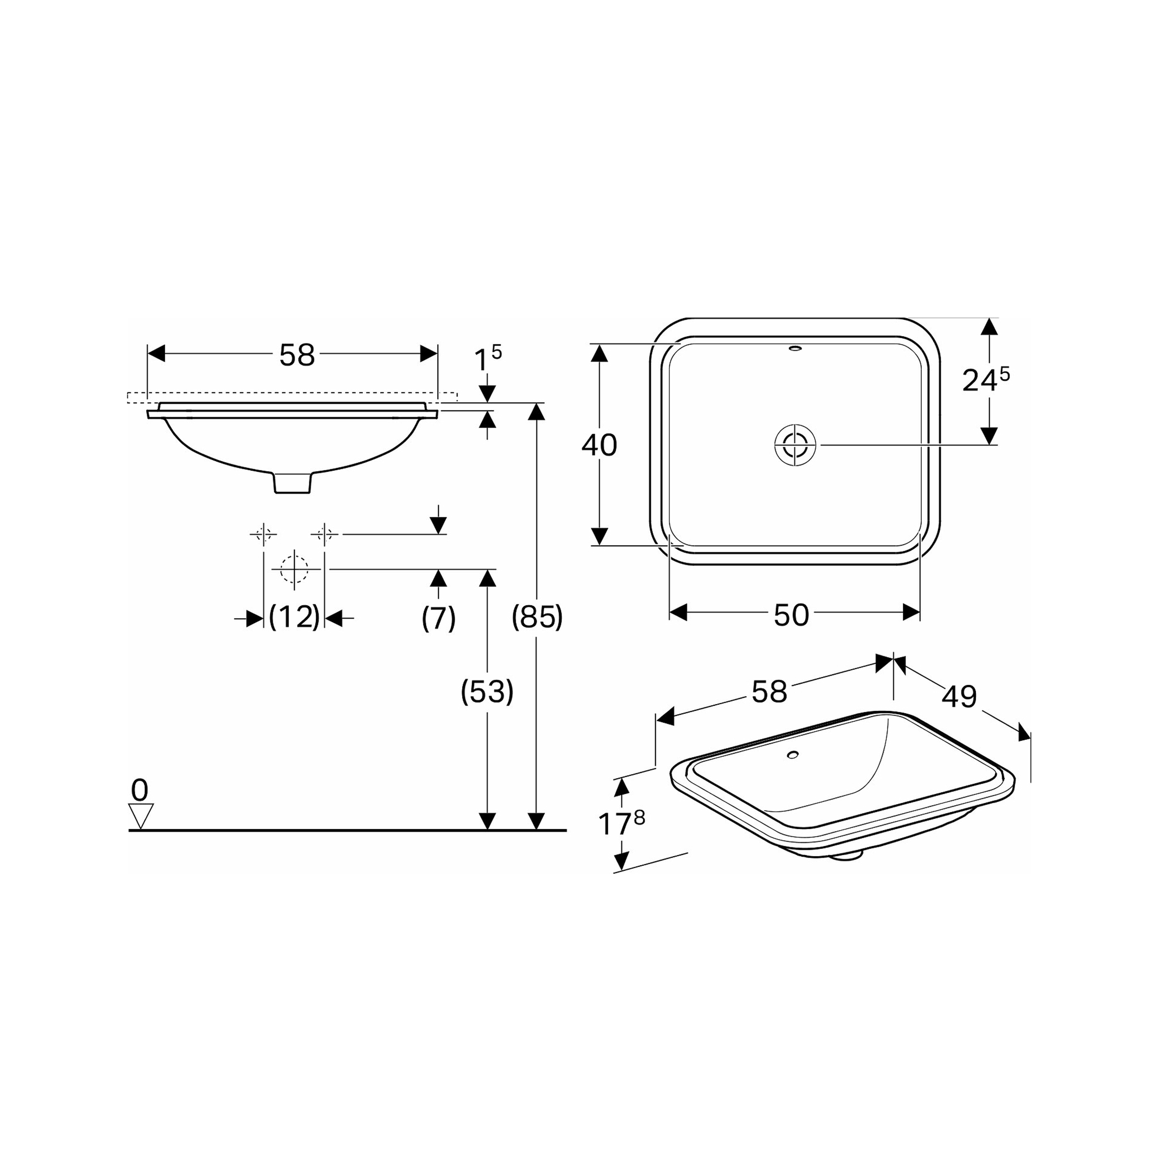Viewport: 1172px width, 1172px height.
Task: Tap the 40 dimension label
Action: [599, 445]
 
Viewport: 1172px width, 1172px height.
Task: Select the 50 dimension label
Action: [791, 615]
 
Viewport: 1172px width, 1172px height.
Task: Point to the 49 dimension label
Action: [959, 697]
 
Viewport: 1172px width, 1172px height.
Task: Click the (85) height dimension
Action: [537, 617]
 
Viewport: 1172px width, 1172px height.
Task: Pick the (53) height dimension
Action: [487, 691]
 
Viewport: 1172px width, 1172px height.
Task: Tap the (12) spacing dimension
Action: [294, 617]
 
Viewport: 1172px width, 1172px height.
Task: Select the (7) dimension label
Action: [438, 618]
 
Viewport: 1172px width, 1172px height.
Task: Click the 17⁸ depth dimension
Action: [621, 822]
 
